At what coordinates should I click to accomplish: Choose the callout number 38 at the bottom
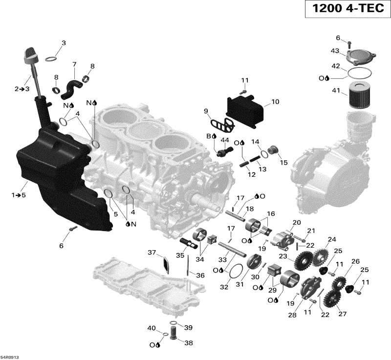coord(188,343)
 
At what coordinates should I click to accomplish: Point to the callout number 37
coord(152,252)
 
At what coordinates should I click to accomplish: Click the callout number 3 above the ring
coord(63,43)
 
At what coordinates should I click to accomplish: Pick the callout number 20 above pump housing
coord(296,222)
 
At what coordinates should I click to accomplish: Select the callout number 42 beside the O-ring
coord(336,66)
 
